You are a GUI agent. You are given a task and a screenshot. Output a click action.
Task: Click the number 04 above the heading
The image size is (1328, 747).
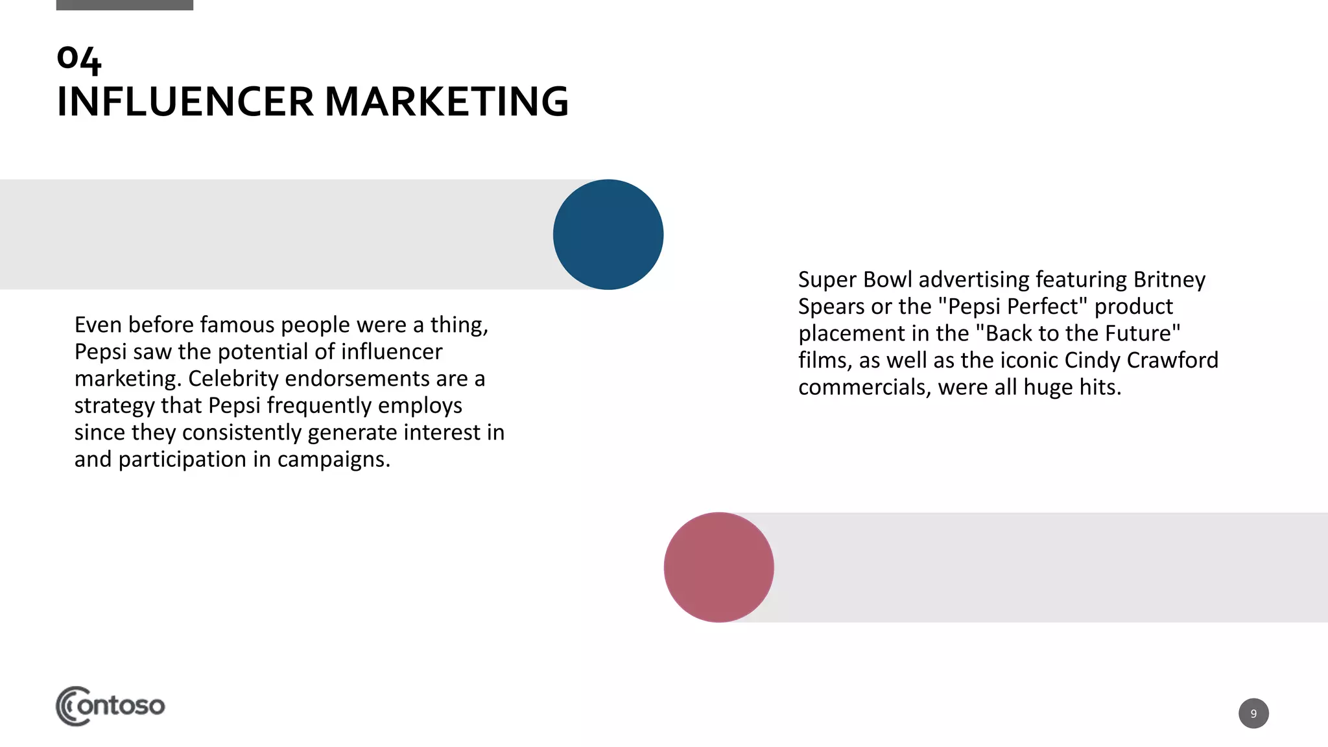[x=79, y=59]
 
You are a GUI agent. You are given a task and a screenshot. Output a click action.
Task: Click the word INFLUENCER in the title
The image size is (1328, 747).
[x=185, y=102]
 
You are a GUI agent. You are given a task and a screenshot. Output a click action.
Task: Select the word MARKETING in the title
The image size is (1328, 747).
[x=446, y=102]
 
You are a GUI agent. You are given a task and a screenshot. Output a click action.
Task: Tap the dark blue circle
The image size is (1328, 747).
[x=608, y=234]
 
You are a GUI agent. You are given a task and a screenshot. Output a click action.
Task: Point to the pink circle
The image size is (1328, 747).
[x=718, y=567]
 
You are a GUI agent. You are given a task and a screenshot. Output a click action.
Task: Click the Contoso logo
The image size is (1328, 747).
[x=110, y=705]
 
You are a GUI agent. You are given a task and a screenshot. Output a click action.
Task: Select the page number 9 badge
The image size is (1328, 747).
[x=1253, y=713]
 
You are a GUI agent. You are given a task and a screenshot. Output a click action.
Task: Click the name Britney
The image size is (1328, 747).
[x=1169, y=279]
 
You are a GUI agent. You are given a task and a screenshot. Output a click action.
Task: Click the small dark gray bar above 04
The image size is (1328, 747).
[x=124, y=5]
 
